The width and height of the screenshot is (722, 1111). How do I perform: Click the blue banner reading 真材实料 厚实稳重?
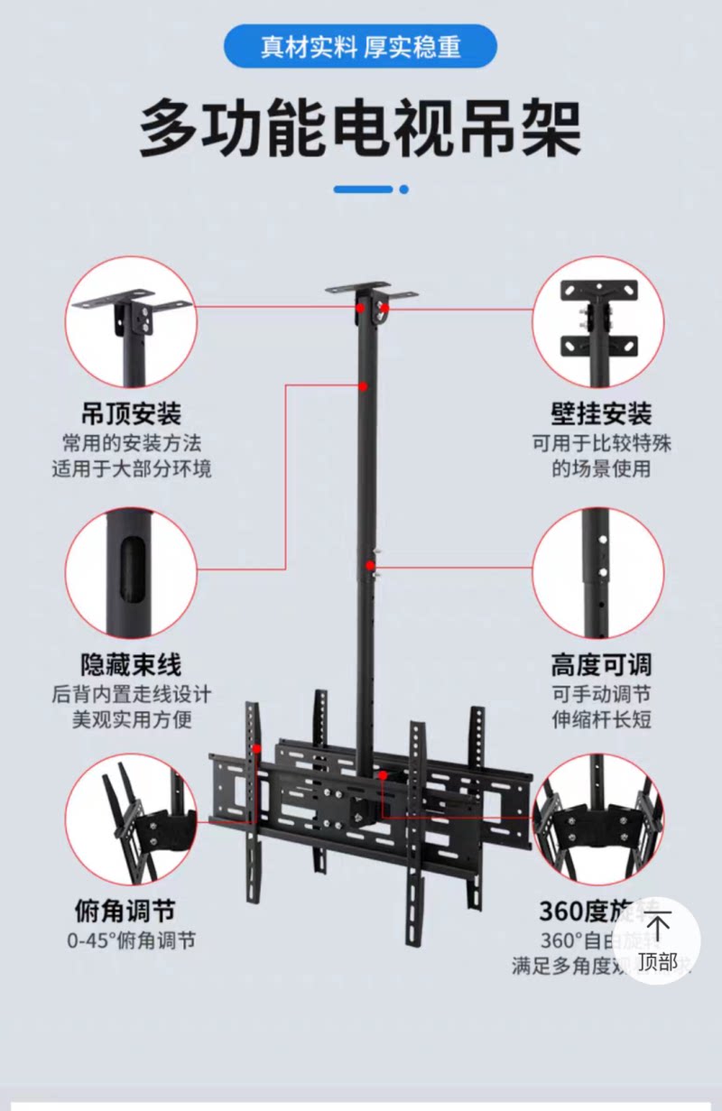360,46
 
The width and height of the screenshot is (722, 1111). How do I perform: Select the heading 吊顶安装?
132,413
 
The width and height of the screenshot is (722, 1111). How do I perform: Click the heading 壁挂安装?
601,413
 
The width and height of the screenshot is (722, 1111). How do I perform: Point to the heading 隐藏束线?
132,665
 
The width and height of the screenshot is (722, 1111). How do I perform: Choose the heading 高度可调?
601,665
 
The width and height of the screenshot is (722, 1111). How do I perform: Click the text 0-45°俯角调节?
132,940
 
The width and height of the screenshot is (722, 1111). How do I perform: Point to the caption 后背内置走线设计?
132,695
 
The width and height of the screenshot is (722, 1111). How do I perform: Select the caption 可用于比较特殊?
601,444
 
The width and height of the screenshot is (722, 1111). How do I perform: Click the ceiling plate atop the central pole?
372,292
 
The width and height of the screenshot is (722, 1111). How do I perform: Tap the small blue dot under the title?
403,190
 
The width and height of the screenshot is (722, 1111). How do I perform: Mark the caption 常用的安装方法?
132,444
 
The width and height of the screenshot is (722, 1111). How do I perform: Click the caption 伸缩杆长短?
601,720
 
